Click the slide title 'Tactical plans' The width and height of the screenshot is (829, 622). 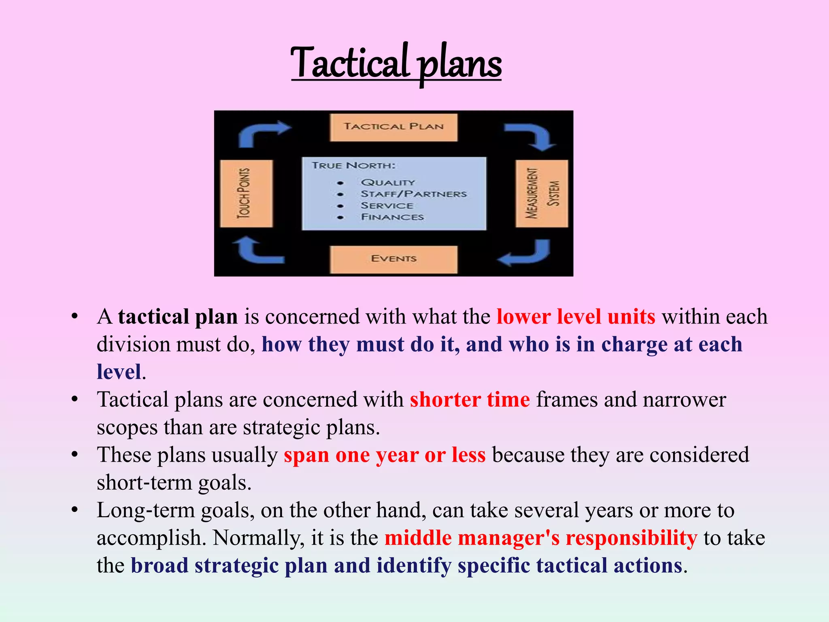[396, 63]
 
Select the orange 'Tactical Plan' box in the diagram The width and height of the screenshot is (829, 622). [393, 127]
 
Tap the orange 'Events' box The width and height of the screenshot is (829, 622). [393, 259]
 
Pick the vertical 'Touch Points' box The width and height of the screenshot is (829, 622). [246, 194]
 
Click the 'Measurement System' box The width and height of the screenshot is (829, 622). [542, 194]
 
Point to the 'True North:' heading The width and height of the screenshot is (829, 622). [353, 165]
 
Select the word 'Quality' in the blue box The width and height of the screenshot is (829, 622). [388, 183]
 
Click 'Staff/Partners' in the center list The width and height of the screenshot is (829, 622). [413, 194]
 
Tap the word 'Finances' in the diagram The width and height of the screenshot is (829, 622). [392, 217]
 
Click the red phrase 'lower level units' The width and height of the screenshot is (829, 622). [576, 317]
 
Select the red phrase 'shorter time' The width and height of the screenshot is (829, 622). [470, 400]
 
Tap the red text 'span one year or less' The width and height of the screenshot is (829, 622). [384, 455]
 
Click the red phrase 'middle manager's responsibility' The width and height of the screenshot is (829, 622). [541, 538]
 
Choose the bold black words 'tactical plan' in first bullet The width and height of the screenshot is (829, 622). [178, 317]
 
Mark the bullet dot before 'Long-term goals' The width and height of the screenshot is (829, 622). [74, 510]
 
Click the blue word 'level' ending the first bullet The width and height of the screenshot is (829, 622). [119, 372]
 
